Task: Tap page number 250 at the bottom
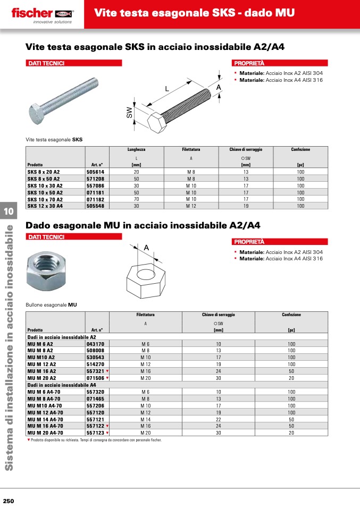point(9,501)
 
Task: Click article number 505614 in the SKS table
point(96,172)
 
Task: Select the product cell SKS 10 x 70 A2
point(45,199)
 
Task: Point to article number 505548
point(96,206)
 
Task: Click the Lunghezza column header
point(136,150)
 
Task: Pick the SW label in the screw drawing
point(129,112)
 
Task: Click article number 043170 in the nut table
point(95,344)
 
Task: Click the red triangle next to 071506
point(107,378)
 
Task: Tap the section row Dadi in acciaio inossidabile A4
point(62,385)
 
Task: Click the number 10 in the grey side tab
point(9,211)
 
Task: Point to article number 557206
point(95,405)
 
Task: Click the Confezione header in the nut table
point(291,315)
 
